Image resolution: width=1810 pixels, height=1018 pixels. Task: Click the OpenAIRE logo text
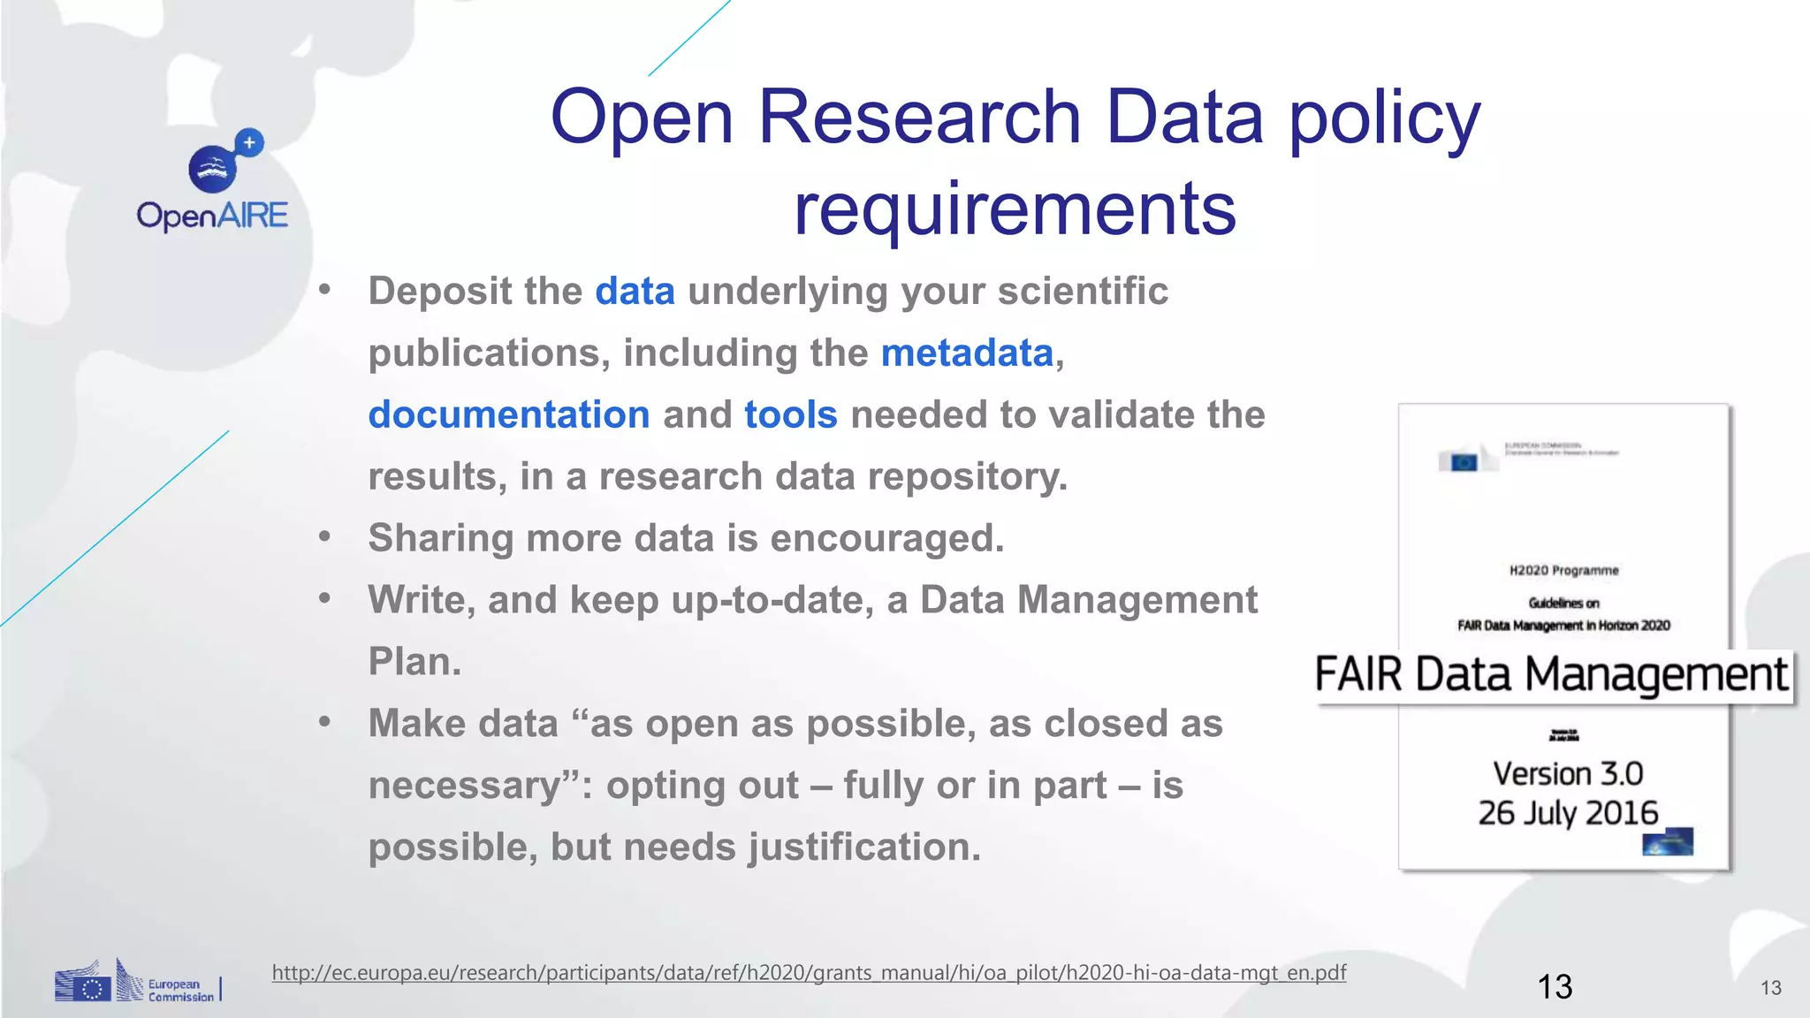212,216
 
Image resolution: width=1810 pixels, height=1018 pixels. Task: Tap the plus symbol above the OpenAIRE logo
250,142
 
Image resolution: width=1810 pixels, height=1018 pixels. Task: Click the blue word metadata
967,353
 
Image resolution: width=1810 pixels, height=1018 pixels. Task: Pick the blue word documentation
509,414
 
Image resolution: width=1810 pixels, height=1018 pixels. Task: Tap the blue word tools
790,414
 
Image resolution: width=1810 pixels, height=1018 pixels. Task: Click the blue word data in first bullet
635,291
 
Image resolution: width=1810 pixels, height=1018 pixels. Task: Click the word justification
864,847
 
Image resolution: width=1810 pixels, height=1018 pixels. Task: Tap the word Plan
414,661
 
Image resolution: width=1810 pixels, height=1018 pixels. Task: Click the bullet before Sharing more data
325,536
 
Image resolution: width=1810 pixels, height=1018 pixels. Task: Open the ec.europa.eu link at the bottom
809,973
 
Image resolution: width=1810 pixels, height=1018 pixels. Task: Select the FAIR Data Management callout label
1551,675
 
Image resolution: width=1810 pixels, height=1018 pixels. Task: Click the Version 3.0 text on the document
1567,774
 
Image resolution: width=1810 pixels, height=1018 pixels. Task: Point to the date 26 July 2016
1567,813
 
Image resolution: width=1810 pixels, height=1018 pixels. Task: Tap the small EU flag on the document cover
1464,461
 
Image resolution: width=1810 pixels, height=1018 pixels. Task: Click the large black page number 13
1555,986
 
